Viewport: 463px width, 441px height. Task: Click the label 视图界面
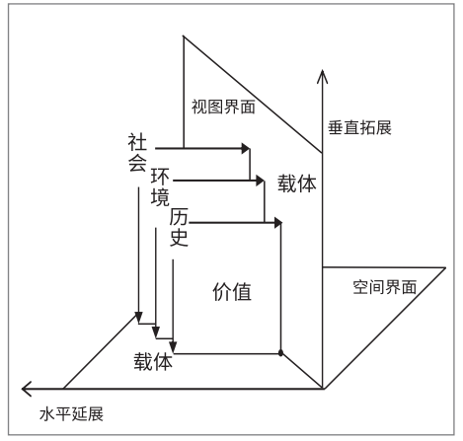point(223,107)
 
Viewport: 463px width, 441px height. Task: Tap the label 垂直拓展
point(359,127)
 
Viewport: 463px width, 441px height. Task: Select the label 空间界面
point(385,287)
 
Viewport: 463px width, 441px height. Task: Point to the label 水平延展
point(71,413)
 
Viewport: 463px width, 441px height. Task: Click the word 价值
point(232,292)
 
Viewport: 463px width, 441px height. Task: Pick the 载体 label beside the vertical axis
point(297,184)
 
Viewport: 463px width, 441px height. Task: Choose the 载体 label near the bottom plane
point(153,362)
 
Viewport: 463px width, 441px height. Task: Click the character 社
point(137,142)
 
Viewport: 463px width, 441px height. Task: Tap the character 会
point(137,163)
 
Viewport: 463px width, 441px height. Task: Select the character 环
point(160,177)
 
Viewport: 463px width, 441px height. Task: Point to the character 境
point(160,197)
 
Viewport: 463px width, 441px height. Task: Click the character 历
point(179,217)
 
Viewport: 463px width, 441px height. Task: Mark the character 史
point(179,238)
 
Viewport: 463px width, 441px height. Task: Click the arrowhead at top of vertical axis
point(323,76)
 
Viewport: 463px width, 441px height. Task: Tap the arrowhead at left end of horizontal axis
point(27,389)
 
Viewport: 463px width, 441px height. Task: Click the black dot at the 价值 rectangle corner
point(280,353)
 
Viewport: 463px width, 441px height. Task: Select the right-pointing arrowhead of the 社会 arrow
point(246,148)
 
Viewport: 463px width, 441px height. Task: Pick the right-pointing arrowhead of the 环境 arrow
point(260,181)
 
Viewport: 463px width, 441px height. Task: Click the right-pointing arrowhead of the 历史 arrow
point(278,223)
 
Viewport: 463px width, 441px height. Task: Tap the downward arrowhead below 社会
point(138,318)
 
